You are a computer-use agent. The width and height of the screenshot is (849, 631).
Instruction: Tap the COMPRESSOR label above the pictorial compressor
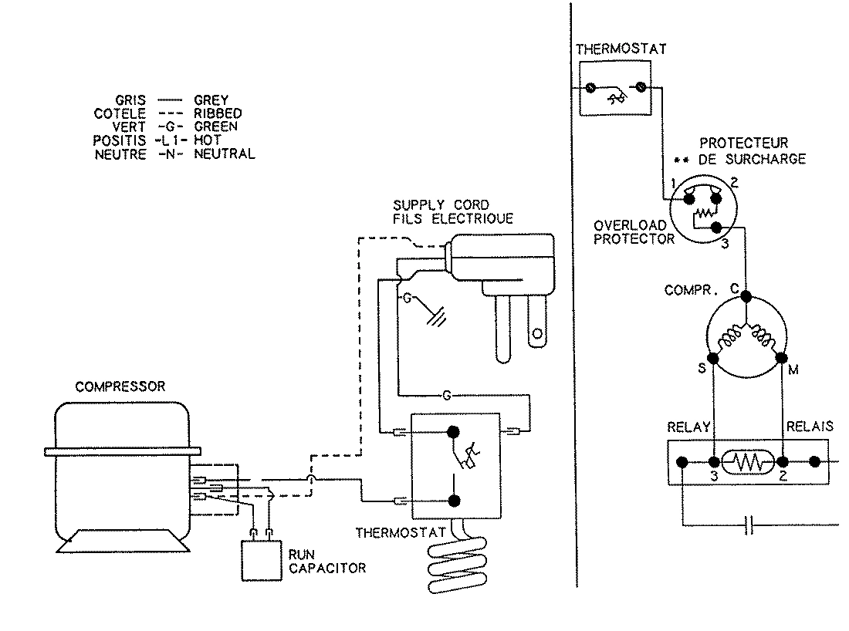pyautogui.click(x=120, y=387)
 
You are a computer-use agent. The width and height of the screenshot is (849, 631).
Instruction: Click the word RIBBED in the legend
pyautogui.click(x=218, y=113)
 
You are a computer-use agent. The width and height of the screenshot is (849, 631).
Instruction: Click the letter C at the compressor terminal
pyautogui.click(x=735, y=289)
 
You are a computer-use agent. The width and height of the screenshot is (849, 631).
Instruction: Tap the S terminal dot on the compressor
pyautogui.click(x=713, y=359)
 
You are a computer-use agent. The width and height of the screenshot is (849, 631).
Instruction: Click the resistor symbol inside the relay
pyautogui.click(x=746, y=463)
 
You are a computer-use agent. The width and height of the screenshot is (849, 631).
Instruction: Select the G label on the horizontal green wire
pyautogui.click(x=446, y=396)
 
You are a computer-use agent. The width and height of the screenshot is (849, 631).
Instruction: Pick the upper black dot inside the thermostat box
pyautogui.click(x=453, y=432)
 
